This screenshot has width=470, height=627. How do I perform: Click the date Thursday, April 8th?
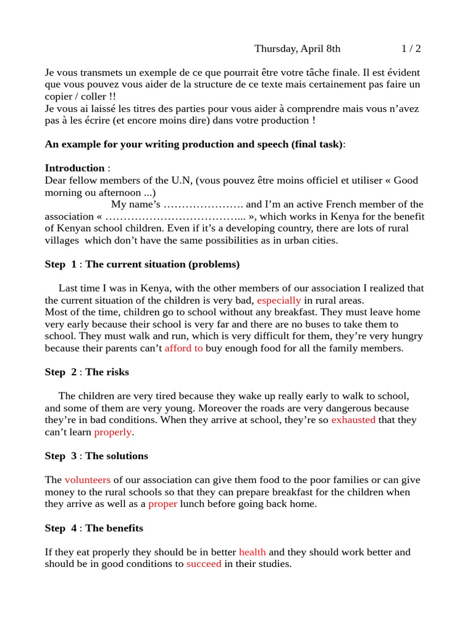(297, 48)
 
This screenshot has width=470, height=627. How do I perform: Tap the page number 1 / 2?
(411, 48)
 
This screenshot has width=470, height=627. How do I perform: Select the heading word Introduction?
(75, 168)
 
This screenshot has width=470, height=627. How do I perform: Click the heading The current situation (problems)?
(162, 265)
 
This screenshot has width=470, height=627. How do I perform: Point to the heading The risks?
(107, 372)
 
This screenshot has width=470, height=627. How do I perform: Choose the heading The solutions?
(116, 456)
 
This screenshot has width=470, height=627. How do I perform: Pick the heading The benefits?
(114, 528)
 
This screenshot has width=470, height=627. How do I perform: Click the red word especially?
(279, 301)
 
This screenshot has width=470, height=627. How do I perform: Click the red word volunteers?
(88, 481)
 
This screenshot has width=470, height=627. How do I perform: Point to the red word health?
(252, 552)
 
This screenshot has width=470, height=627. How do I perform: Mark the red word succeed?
(204, 564)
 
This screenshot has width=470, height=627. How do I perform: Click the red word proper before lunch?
(163, 505)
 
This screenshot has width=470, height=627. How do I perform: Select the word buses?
(316, 325)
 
